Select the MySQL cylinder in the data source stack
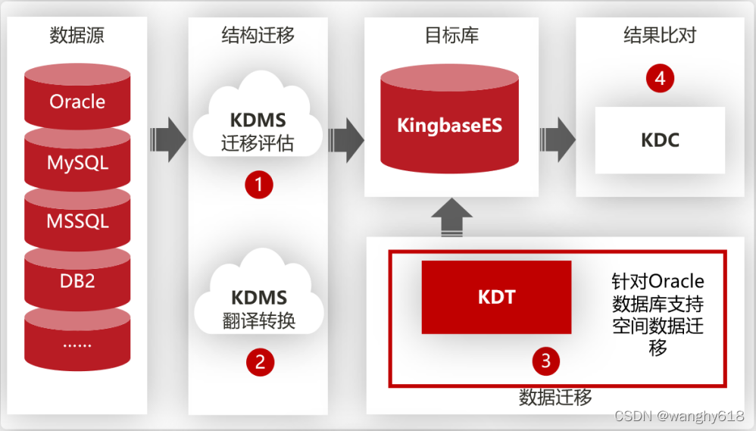pos(77,162)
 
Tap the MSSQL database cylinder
pos(77,221)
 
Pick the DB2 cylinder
pos(77,280)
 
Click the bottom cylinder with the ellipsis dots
pos(77,340)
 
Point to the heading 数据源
pos(77,35)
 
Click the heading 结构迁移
pos(258,35)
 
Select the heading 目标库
pos(451,35)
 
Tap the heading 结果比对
pos(660,35)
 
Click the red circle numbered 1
pos(259,184)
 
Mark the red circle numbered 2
pos(260,362)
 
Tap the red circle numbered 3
pos(545,361)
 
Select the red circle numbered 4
pos(660,78)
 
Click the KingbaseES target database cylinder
pos(449,119)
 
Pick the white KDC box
pos(660,140)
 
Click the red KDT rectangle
pos(497,297)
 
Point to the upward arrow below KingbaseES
pos(451,217)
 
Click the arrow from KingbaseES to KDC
pos(558,140)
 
